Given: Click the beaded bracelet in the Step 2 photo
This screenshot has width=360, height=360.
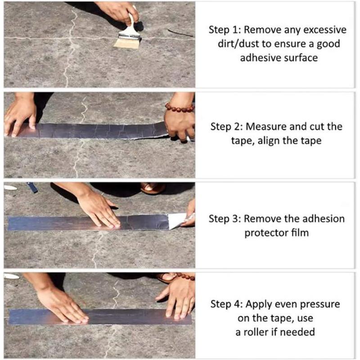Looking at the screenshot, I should coord(179,108).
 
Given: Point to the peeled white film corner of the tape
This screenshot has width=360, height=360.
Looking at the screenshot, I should coord(178,220).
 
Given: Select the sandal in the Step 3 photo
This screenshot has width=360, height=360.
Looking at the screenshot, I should coord(153,188).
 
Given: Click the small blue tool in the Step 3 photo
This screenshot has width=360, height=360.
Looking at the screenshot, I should coord(33,187).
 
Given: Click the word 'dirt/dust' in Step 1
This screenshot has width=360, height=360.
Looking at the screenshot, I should coord(232,44).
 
